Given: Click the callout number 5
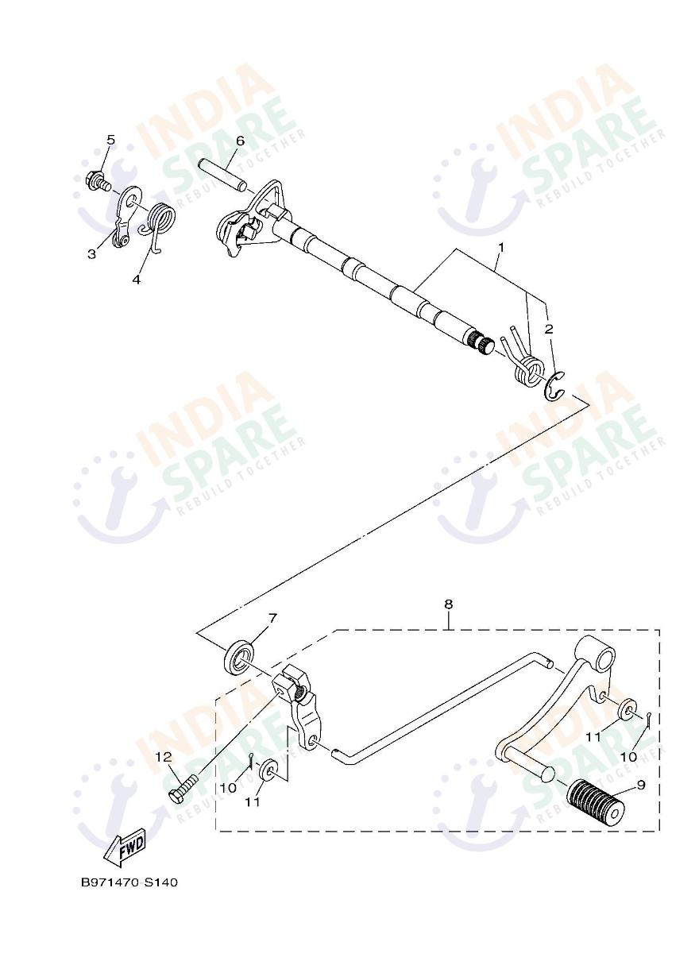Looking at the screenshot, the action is click(110, 140).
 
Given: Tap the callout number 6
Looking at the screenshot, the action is click(240, 141).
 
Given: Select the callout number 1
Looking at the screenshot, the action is click(501, 248).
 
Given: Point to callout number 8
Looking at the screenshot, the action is click(448, 604).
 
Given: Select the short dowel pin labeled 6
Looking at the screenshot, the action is click(223, 176).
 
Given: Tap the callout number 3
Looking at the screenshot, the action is click(91, 254).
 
